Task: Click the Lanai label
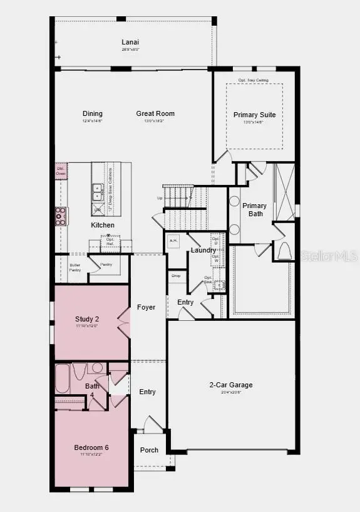tap(130, 43)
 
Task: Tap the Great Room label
tap(155, 113)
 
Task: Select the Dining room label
tap(93, 113)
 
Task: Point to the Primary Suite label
tap(254, 115)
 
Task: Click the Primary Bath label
tap(254, 209)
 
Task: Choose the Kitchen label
tap(103, 224)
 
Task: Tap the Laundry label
tap(203, 250)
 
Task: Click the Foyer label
tap(147, 307)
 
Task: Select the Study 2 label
tap(87, 319)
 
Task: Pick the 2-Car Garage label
tap(231, 385)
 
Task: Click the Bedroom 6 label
tap(91, 447)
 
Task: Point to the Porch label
tap(149, 450)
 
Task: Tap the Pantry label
tap(106, 264)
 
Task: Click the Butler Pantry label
tap(75, 267)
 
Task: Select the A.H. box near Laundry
tap(173, 240)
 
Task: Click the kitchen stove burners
tap(61, 216)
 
